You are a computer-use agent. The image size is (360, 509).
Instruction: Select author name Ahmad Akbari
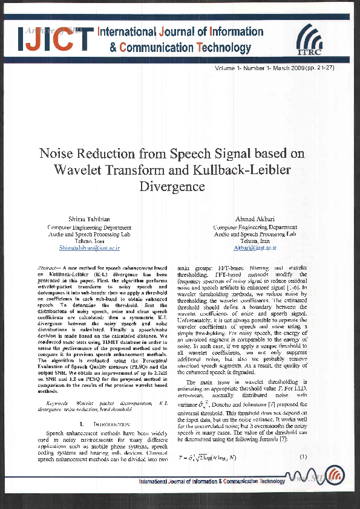tap(255, 218)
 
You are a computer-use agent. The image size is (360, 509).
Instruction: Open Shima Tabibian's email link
tap(90, 247)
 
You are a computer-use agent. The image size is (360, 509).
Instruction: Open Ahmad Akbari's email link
tap(255, 247)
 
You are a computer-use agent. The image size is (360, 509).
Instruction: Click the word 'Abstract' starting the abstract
tap(48, 267)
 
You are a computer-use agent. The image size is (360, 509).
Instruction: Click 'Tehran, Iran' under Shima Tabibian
tap(90, 240)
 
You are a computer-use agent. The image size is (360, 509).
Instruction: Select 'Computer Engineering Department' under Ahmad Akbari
tap(255, 226)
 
